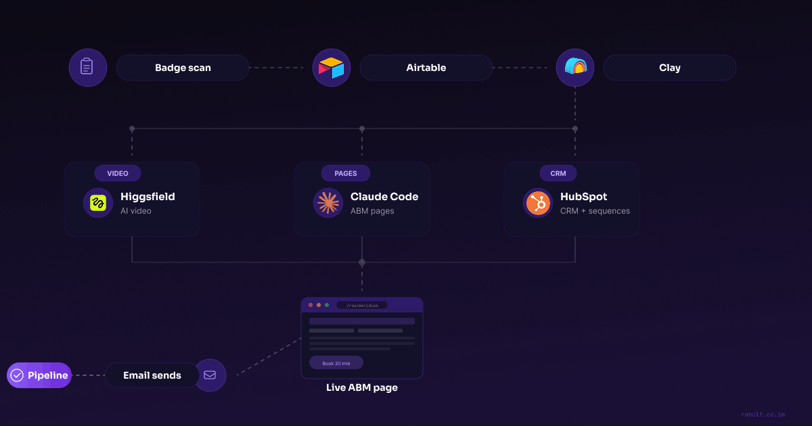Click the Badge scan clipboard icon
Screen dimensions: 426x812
pyautogui.click(x=87, y=68)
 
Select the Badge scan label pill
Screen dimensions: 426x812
pyautogui.click(x=183, y=68)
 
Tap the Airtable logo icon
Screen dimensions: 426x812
pyautogui.click(x=332, y=68)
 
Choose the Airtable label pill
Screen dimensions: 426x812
pyautogui.click(x=426, y=68)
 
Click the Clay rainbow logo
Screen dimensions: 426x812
pyautogui.click(x=575, y=68)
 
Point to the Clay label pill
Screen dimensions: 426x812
pyautogui.click(x=669, y=68)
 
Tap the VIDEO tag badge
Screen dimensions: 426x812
pyautogui.click(x=117, y=173)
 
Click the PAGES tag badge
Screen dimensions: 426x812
pyautogui.click(x=345, y=173)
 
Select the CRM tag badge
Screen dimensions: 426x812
pyautogui.click(x=558, y=173)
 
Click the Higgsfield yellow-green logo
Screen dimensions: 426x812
pyautogui.click(x=98, y=203)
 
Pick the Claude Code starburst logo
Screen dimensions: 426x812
pyautogui.click(x=328, y=203)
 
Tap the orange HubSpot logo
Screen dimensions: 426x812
pyautogui.click(x=538, y=203)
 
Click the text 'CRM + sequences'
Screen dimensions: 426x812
pyautogui.click(x=595, y=211)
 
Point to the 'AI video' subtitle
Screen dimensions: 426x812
pyautogui.click(x=136, y=211)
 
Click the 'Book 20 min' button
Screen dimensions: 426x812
pyautogui.click(x=336, y=363)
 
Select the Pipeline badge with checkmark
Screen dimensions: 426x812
pyautogui.click(x=39, y=375)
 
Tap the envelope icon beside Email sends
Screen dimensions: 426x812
pyautogui.click(x=210, y=375)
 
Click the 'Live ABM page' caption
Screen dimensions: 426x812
pyautogui.click(x=362, y=388)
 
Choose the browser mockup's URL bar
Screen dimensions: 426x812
pyautogui.click(x=362, y=305)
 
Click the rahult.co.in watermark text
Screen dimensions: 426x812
pyautogui.click(x=763, y=415)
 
